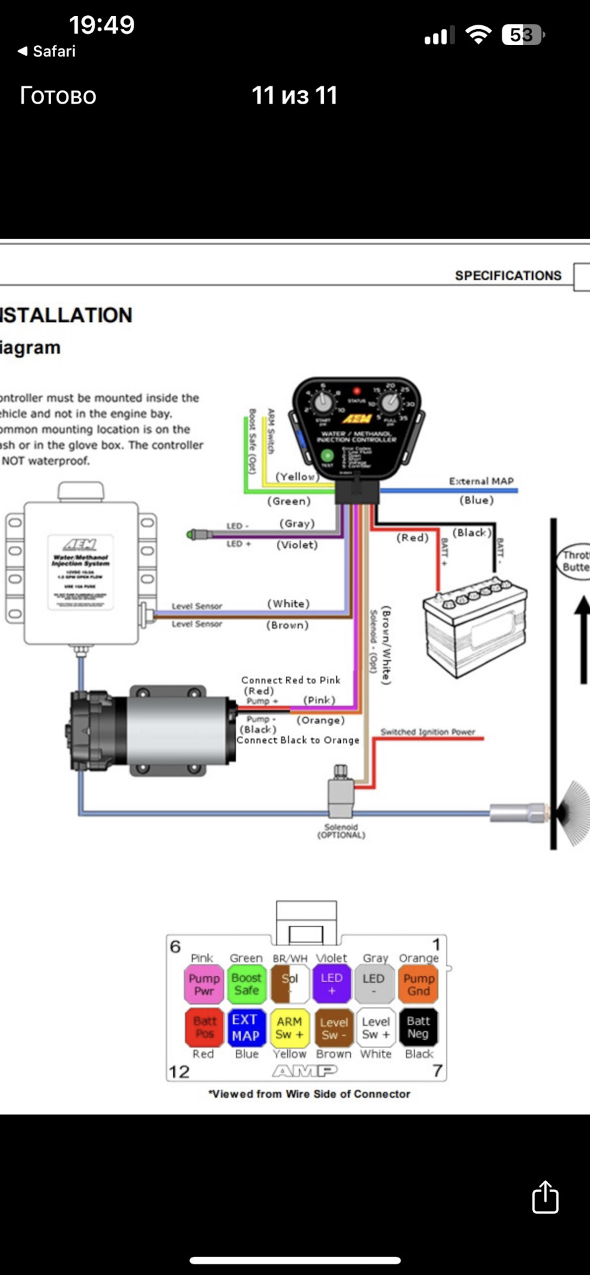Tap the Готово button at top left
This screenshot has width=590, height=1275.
point(58,96)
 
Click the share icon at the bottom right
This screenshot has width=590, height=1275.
point(545,1197)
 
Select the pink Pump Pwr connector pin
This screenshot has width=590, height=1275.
point(203,984)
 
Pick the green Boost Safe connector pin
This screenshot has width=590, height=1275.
point(246,984)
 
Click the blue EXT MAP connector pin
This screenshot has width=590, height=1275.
point(245,1027)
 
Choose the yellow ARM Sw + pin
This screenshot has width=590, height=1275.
point(289,1027)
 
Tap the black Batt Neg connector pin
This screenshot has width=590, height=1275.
point(418,1027)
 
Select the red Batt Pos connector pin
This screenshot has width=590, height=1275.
point(204,1027)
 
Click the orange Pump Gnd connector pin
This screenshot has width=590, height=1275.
point(418,984)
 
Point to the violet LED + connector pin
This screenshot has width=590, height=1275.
point(332,984)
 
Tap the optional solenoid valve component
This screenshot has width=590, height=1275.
point(340,794)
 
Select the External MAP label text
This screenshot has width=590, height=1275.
point(481,481)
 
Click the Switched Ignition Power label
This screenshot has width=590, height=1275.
point(427,732)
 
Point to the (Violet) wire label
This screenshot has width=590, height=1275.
point(297,545)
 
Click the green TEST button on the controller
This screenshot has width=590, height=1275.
point(327,456)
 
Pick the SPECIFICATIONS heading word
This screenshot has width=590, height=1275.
point(508,276)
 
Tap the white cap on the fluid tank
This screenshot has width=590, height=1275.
point(81,491)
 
